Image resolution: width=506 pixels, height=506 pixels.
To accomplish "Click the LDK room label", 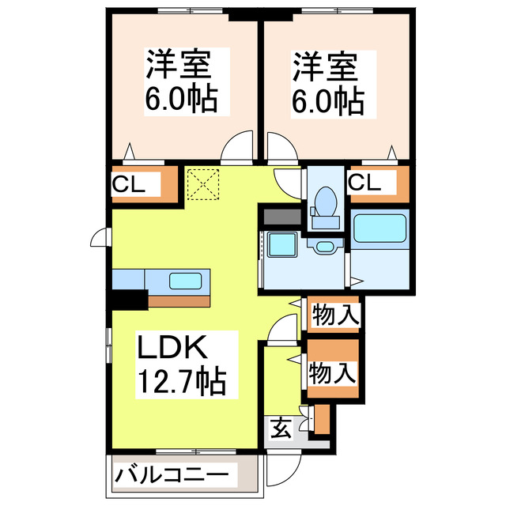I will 173,348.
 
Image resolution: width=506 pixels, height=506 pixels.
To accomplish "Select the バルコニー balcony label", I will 174,476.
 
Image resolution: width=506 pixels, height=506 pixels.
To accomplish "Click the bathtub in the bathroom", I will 379,228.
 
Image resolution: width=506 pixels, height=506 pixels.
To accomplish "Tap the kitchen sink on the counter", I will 185,280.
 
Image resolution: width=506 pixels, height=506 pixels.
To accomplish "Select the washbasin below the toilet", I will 325,247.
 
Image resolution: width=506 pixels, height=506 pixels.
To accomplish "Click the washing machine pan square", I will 281,245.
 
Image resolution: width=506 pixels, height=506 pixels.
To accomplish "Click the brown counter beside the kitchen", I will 182,300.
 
